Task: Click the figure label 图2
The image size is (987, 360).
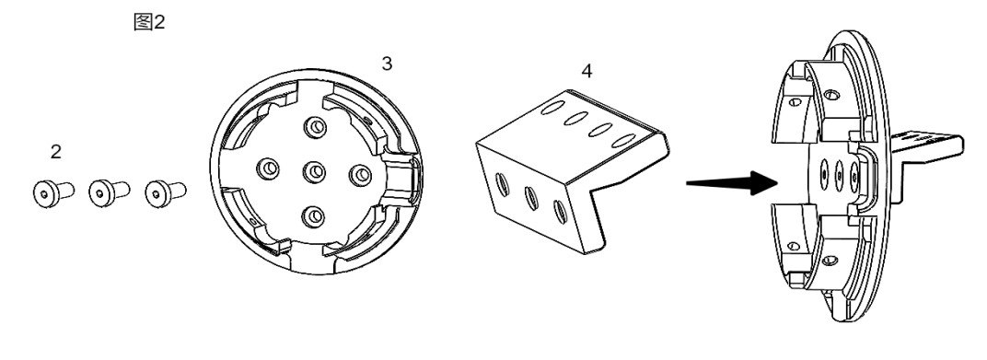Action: tap(149, 22)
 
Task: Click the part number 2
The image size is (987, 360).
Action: tap(56, 152)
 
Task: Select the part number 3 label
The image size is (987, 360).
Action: tap(387, 63)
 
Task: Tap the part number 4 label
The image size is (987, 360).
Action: tap(586, 71)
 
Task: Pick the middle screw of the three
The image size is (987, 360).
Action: tap(109, 192)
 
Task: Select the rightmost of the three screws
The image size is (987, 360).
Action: tap(166, 192)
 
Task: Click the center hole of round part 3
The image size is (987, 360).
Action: tap(314, 170)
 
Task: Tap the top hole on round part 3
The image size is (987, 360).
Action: tap(314, 128)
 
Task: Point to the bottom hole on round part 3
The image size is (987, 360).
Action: tap(313, 216)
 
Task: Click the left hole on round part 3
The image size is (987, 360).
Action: tap(269, 168)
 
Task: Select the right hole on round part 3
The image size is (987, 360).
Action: tap(360, 175)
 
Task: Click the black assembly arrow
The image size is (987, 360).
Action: tap(733, 183)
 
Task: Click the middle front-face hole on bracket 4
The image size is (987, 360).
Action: tap(530, 198)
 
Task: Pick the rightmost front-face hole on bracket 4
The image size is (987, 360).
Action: tap(559, 211)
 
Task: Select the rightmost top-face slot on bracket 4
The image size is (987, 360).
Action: tap(624, 140)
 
